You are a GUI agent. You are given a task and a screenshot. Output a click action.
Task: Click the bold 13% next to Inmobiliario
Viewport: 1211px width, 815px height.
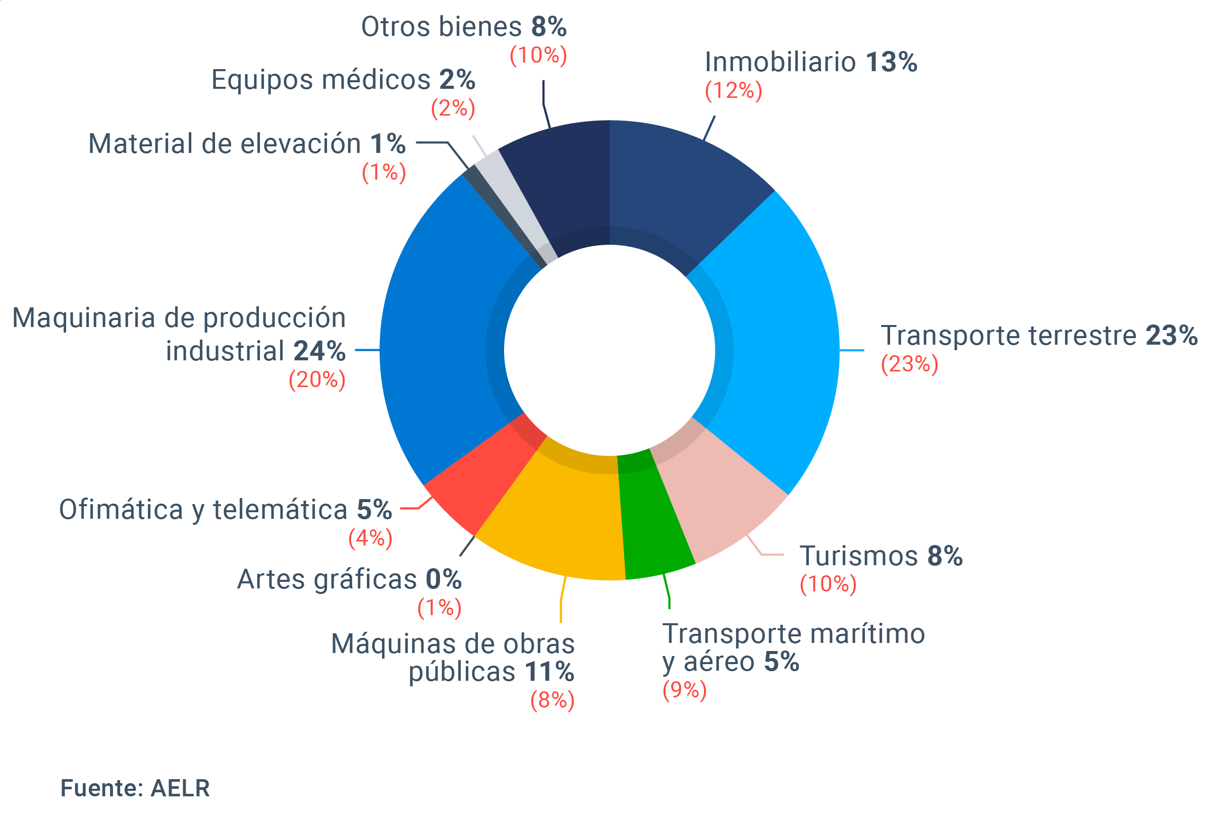point(891,63)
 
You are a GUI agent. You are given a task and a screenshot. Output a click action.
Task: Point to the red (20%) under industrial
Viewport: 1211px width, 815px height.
point(317,380)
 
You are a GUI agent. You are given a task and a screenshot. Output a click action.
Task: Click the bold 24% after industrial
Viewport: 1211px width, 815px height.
point(319,351)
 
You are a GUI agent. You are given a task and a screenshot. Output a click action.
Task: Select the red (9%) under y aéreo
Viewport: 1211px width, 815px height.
point(685,690)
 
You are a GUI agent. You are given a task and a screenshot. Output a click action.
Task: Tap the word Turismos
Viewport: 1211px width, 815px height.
point(859,556)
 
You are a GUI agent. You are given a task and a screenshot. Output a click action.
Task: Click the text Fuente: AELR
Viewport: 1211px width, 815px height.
point(135,788)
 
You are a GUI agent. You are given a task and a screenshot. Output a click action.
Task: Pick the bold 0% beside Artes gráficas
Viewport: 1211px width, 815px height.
point(444,579)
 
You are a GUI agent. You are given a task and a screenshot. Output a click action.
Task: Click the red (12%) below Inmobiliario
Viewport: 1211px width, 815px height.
point(733,91)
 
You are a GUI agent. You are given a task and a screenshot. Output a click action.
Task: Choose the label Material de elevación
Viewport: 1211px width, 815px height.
point(225,144)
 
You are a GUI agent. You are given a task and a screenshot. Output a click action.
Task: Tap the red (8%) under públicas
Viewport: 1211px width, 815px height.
point(552,700)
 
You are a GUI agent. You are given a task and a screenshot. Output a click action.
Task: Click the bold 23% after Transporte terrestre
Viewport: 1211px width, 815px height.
point(1172,335)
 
